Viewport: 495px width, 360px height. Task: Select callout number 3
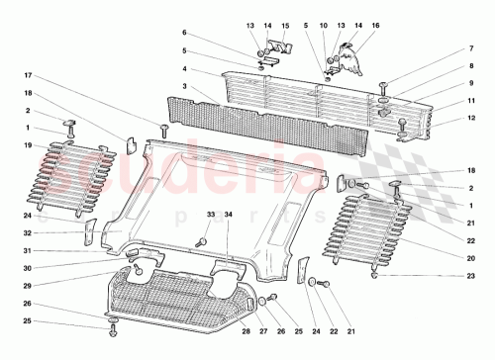coord(183,87)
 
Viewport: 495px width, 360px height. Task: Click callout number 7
coord(458,48)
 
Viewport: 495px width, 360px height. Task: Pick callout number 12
coord(458,120)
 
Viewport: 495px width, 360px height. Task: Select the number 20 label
coord(458,259)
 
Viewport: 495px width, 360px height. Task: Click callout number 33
coord(210,215)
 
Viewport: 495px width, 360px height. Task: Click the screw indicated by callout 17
coord(164,130)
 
